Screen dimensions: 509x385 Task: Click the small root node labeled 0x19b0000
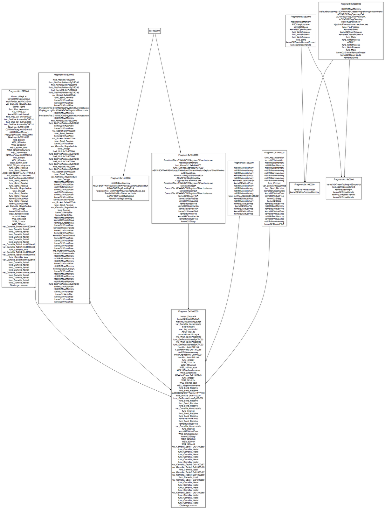pyautogui.click(x=154, y=31)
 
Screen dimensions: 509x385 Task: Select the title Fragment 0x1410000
pyautogui.click(x=120, y=178)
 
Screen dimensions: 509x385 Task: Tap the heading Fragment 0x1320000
pyautogui.click(x=64, y=74)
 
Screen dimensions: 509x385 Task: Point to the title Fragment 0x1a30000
pyautogui.click(x=244, y=163)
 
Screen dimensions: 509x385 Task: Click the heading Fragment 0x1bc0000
pyautogui.click(x=274, y=153)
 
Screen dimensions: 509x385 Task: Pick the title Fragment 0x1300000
pyautogui.click(x=188, y=311)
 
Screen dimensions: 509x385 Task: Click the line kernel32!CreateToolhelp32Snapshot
pyautogui.click(x=344, y=185)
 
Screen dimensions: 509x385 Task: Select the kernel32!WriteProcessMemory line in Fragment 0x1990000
pyautogui.click(x=306, y=192)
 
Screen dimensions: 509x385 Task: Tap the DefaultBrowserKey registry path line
pyautogui.click(x=351, y=12)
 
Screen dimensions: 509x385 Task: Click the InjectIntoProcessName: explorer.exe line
pyautogui.click(x=351, y=24)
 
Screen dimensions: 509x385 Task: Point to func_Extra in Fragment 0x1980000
pyautogui.click(x=301, y=40)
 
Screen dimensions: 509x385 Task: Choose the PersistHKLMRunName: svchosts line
pyautogui.click(x=120, y=193)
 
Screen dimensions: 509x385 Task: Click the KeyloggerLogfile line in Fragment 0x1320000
pyautogui.click(x=64, y=110)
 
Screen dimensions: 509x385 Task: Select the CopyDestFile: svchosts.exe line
pyautogui.click(x=188, y=181)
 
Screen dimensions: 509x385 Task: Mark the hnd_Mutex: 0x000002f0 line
pyautogui.click(x=64, y=251)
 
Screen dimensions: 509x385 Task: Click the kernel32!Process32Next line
pyautogui.click(x=344, y=195)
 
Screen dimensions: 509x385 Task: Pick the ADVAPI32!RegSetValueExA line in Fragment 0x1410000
pyautogui.click(x=120, y=196)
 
